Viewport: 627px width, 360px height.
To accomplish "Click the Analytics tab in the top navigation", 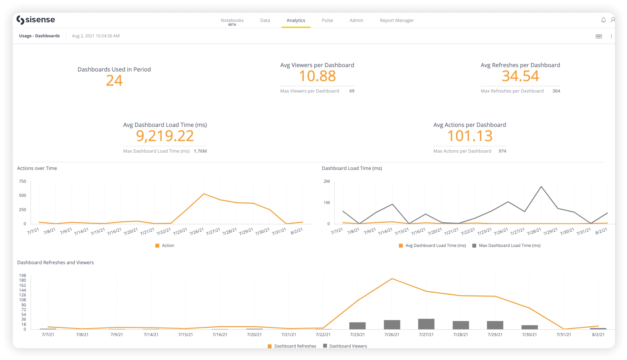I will [296, 20].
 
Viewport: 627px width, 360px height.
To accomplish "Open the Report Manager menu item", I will [397, 20].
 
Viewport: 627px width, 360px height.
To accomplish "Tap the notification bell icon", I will [603, 20].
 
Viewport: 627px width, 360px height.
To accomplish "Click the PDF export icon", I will [598, 36].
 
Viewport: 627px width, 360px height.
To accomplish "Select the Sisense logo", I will [36, 20].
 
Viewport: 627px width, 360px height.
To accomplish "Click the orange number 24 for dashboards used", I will [114, 81].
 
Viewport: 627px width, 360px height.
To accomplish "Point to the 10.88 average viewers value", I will [317, 76].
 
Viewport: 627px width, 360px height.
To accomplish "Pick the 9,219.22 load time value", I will [165, 136].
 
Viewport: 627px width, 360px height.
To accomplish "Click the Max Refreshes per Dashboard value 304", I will [556, 91].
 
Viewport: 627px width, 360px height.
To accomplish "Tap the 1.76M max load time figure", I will [200, 151].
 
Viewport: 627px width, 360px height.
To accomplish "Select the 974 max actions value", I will [502, 151].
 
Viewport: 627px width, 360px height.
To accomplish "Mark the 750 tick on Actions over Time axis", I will [22, 181].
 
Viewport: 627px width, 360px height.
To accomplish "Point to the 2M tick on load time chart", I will [326, 181].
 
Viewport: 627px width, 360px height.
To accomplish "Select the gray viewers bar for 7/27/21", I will [426, 324].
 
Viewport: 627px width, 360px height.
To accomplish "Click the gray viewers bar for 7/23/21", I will [357, 326].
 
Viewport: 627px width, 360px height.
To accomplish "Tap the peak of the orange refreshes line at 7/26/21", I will [392, 279].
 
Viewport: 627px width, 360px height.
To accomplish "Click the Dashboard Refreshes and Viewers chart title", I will [55, 263].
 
